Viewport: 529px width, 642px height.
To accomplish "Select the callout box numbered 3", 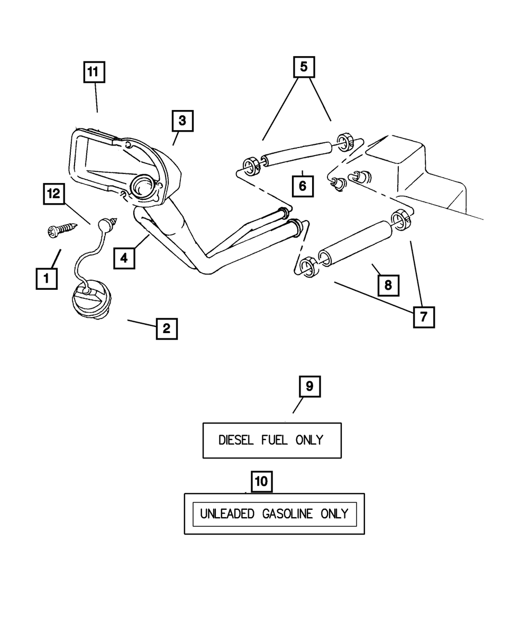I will pos(182,121).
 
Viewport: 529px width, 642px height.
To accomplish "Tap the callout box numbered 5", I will pos(304,67).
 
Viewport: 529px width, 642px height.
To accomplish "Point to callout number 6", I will pos(303,186).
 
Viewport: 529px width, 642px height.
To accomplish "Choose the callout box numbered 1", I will pos(47,278).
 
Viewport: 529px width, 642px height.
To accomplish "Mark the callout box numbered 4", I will pos(123,259).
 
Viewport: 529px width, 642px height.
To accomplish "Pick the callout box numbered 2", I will pos(166,328).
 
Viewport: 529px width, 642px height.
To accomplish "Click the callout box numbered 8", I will pos(388,286).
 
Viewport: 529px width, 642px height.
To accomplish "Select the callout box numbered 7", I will pos(423,317).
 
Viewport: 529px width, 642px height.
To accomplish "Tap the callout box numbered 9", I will pos(309,387).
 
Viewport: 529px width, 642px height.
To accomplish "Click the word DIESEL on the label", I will pos(235,440).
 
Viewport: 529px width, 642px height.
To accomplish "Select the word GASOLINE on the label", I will pos(288,513).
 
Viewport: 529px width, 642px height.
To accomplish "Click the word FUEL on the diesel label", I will pos(274,440).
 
